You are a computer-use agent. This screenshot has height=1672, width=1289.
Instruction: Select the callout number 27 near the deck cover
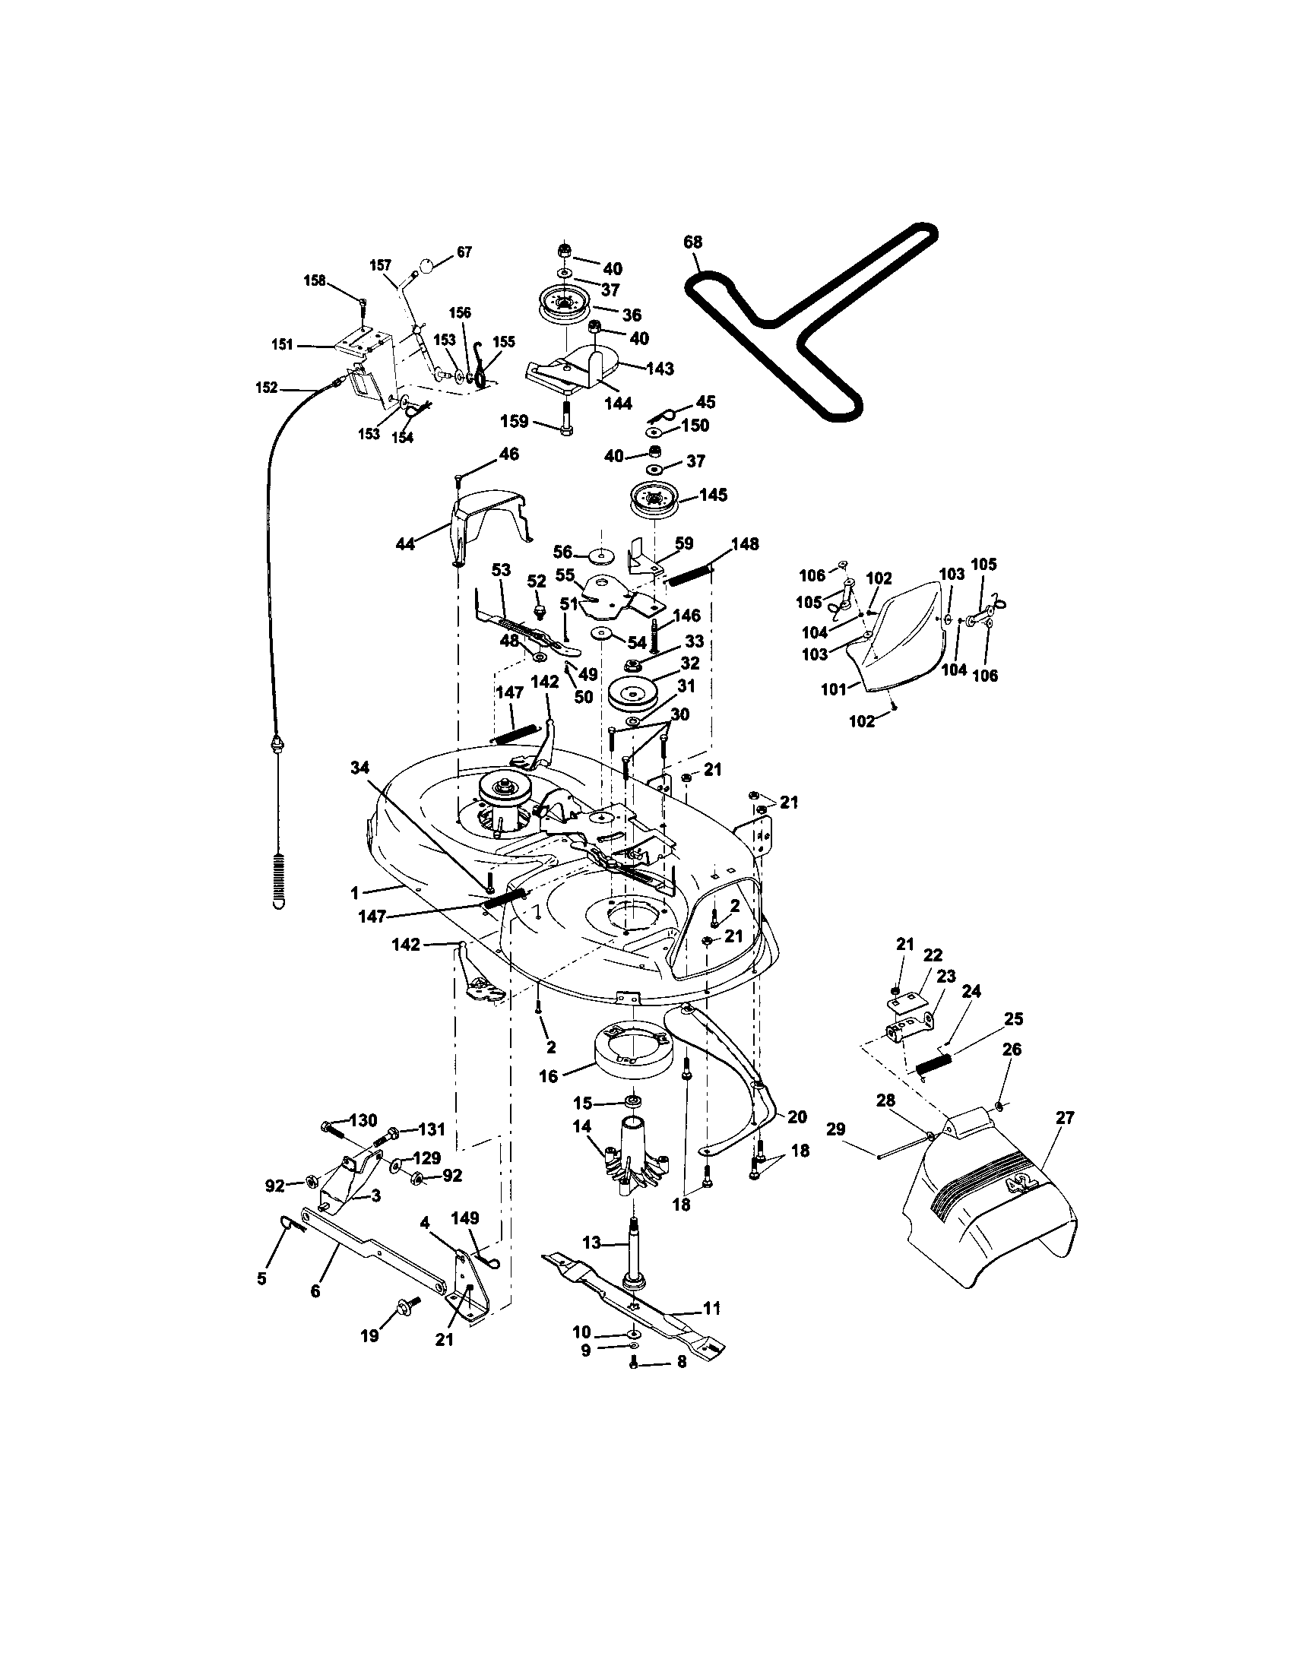coord(1065,1118)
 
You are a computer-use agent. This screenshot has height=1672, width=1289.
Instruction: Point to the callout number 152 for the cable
coord(266,388)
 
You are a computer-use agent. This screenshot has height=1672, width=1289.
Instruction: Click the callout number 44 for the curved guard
coord(405,544)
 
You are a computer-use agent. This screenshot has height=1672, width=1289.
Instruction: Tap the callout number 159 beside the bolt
coord(515,421)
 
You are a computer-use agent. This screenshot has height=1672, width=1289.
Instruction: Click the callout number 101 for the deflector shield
coord(834,689)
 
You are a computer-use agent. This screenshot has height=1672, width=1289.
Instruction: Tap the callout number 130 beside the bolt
coord(363,1121)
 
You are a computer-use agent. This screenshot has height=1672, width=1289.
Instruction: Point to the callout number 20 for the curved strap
coord(797,1117)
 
